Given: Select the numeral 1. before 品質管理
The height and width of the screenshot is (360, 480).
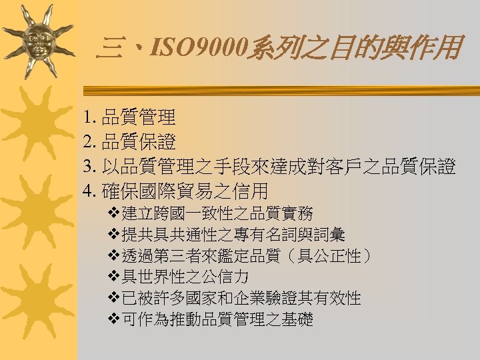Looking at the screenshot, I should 91,119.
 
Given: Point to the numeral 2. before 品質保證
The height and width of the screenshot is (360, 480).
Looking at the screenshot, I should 91,143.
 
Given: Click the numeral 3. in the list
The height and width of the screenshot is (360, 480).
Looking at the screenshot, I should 91,167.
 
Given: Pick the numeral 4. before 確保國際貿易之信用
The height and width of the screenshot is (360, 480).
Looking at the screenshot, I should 91,192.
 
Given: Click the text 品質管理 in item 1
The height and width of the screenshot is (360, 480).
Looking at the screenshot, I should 139,119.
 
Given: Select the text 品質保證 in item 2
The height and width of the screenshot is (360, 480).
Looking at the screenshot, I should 139,143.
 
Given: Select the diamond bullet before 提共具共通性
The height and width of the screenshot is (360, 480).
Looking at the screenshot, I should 113,235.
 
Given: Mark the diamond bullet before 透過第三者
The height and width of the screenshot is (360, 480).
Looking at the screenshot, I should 113,256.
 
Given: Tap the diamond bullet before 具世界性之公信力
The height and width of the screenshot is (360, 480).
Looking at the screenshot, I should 113,277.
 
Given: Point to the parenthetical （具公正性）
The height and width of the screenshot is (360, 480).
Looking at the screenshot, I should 319,256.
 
